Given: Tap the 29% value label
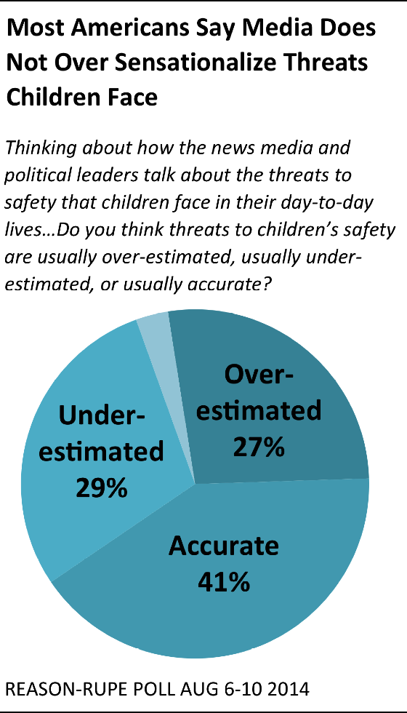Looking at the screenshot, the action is pos(101,487).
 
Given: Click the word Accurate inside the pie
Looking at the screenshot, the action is pos(224,546).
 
